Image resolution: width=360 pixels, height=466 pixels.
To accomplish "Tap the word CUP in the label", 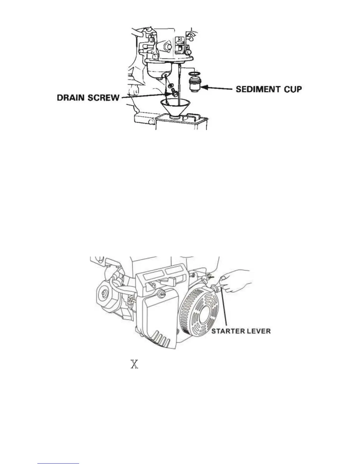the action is click(292, 89).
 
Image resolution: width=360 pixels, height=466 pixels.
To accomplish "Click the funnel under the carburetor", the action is click(175, 107).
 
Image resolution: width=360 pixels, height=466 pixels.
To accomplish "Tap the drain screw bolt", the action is click(174, 94).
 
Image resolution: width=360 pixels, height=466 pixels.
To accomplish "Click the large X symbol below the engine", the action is click(134, 365).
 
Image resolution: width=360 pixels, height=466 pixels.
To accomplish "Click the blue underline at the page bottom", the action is click(59, 464).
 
